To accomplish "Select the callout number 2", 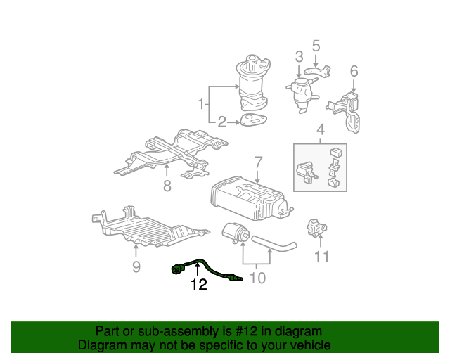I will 222,122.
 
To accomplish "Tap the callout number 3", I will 299,57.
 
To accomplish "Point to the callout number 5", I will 316,46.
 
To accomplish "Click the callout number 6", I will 354,71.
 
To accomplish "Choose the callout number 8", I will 167,186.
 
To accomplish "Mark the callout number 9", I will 136,266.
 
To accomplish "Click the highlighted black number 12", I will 199,285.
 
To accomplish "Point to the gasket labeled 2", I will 252,122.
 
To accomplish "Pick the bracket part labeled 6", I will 349,110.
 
